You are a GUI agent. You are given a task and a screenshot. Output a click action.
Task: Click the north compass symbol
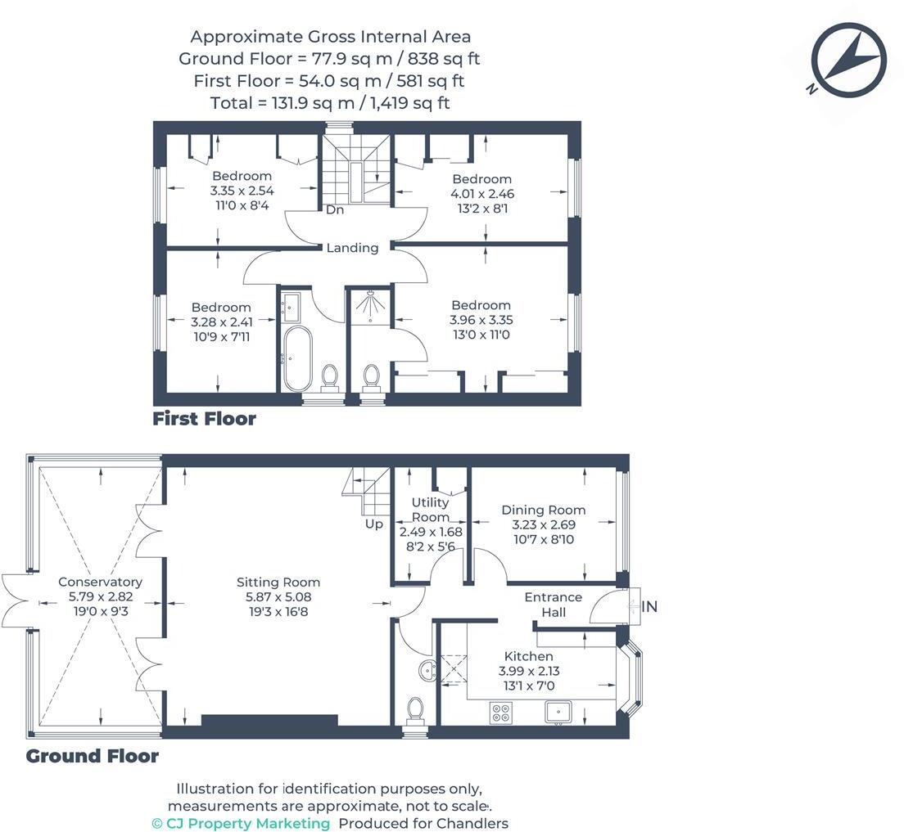click(x=848, y=60)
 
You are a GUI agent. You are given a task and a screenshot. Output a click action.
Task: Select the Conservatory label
click(x=101, y=582)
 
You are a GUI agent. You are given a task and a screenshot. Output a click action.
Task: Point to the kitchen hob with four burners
click(x=499, y=713)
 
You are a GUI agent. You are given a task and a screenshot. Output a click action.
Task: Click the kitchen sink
click(x=558, y=712)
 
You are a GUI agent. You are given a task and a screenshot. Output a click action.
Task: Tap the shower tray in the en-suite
click(x=368, y=305)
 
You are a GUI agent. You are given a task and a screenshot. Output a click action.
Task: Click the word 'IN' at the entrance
click(x=649, y=606)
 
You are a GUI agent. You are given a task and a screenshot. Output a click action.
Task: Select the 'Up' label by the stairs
click(x=373, y=524)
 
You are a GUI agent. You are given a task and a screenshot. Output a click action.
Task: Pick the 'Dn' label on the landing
click(x=335, y=209)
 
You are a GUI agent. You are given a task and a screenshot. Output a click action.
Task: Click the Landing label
click(x=352, y=248)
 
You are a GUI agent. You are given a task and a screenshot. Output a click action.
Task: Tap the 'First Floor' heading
click(x=204, y=419)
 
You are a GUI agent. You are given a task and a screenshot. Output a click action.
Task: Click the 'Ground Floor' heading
click(x=93, y=756)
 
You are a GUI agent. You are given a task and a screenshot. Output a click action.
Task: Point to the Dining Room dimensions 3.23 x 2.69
click(x=544, y=525)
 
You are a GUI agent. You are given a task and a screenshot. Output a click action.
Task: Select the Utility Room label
click(x=430, y=510)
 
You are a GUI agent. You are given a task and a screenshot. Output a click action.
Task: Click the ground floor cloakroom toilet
click(x=415, y=711)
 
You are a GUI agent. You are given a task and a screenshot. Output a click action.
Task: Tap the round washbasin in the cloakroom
click(x=428, y=671)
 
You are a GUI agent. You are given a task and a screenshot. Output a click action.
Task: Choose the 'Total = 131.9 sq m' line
click(x=330, y=103)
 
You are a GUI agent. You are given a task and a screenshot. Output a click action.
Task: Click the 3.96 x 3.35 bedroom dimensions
click(x=481, y=320)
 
